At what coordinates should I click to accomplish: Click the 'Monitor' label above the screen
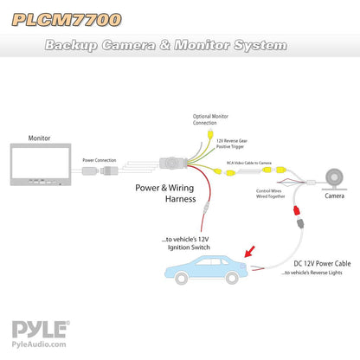[40, 137]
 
